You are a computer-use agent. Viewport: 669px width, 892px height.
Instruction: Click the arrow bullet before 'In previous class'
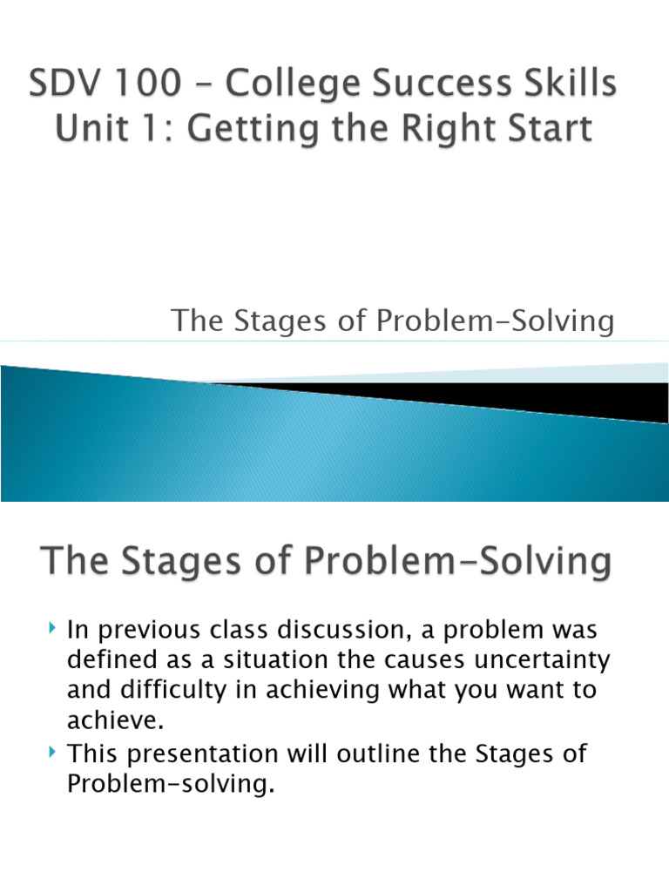[52, 627]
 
